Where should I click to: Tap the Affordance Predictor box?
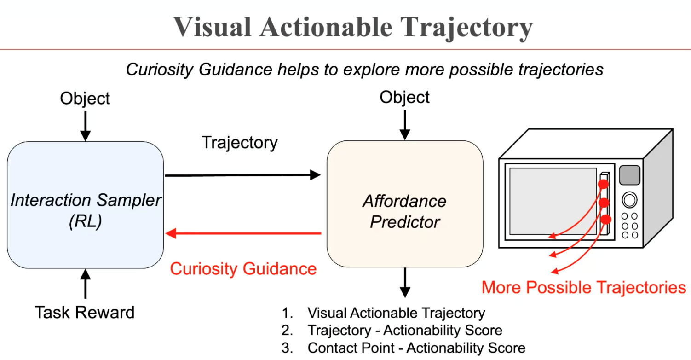pos(404,205)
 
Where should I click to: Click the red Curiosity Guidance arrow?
pos(244,233)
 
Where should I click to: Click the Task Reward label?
pos(85,313)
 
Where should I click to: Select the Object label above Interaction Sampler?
pos(85,98)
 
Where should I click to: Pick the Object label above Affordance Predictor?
pos(404,97)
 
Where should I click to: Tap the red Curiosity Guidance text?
pos(243,268)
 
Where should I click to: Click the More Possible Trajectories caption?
pos(583,288)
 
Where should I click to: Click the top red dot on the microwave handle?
pos(603,184)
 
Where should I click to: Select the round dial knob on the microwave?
pos(629,200)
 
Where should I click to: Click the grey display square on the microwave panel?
pos(629,175)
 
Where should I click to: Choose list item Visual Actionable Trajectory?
pos(396,314)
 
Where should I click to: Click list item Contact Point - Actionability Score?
pos(416,348)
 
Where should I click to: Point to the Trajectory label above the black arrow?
pos(240,143)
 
